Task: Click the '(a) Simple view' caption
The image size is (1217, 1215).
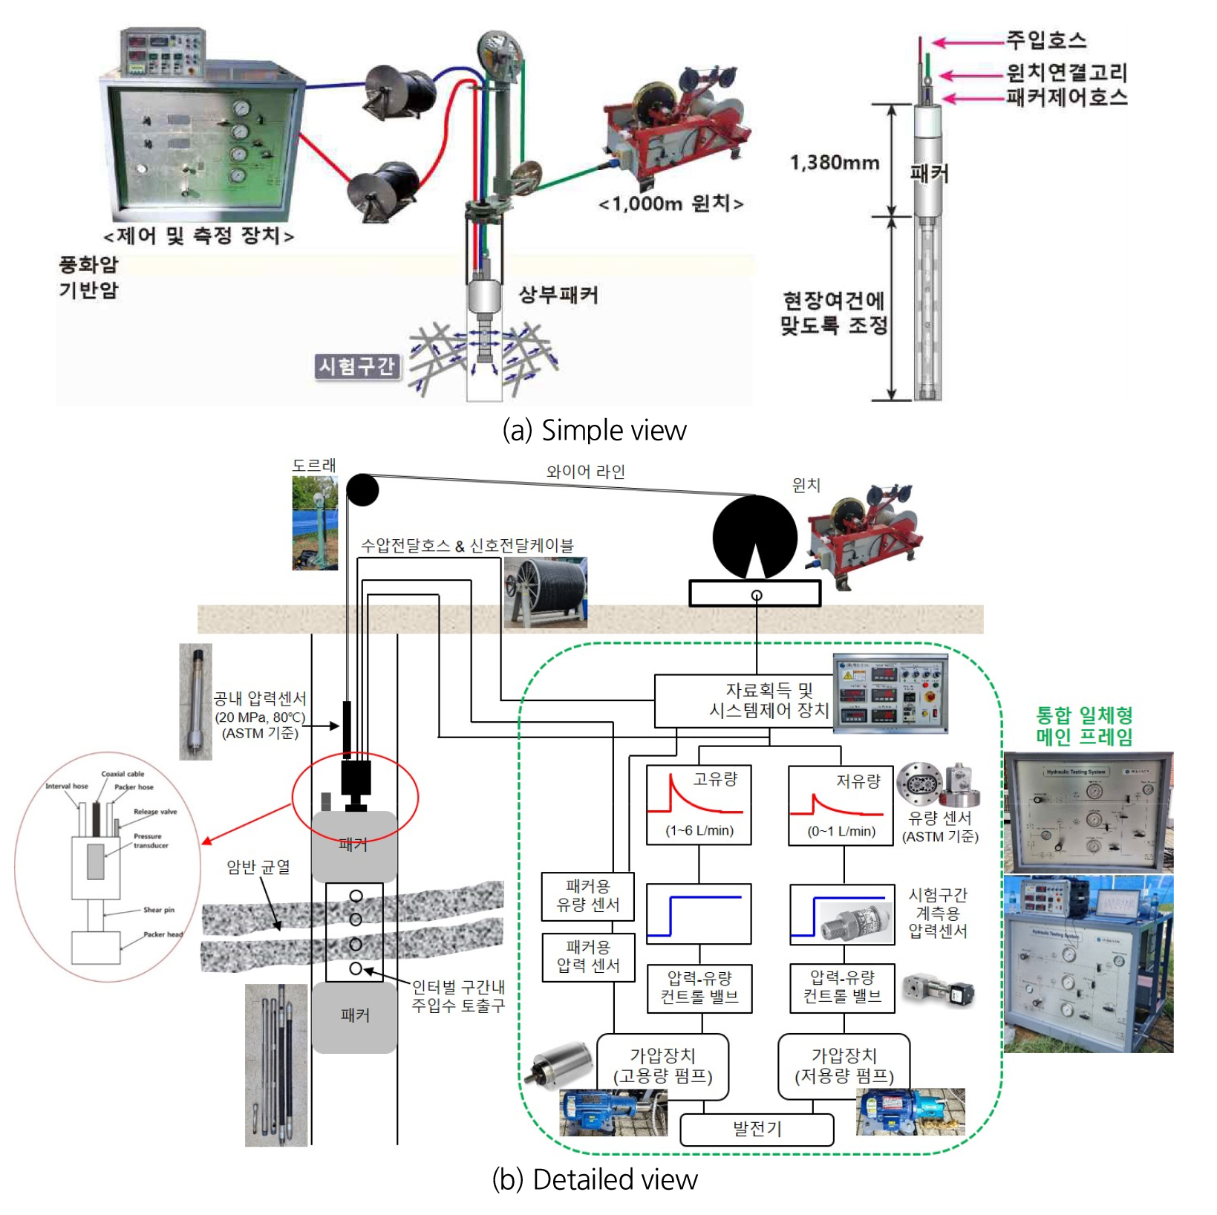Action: [594, 431]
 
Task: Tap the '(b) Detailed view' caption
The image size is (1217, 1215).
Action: [594, 1179]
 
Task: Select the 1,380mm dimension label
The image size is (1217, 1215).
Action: [834, 163]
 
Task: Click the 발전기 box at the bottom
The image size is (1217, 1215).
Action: [757, 1129]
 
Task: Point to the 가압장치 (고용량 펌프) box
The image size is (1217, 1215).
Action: [662, 1066]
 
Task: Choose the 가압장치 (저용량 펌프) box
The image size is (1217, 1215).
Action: [844, 1066]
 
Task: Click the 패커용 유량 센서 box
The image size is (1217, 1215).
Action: [587, 896]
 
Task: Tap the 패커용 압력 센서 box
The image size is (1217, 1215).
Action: [587, 957]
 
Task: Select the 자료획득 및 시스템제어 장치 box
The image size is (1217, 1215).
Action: [743, 700]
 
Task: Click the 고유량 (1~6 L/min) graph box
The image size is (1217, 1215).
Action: [699, 805]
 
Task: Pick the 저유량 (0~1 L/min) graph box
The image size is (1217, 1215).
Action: [841, 806]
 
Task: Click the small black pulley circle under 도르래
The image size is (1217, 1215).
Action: [362, 490]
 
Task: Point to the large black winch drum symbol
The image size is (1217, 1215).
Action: [754, 537]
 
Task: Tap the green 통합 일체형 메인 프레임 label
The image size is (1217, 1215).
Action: [1084, 726]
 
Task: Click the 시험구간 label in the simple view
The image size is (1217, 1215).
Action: [357, 366]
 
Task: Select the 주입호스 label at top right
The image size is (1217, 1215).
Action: [1045, 40]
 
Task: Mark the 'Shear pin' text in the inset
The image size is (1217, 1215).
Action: [158, 910]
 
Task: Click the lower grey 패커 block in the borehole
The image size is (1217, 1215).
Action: [354, 1015]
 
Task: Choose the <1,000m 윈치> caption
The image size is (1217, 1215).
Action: [671, 203]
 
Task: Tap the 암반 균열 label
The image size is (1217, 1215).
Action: [258, 867]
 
